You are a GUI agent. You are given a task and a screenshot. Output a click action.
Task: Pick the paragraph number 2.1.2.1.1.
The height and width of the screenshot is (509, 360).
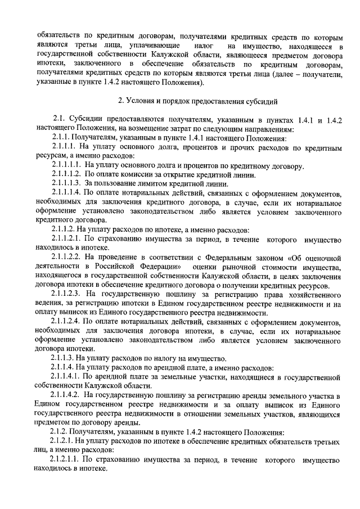[x=66, y=460]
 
